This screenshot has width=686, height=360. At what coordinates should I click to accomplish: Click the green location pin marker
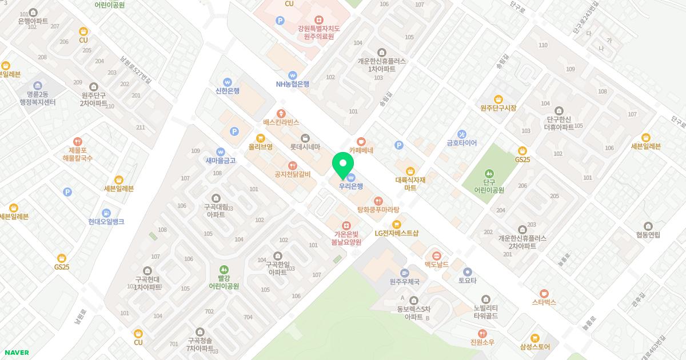342,163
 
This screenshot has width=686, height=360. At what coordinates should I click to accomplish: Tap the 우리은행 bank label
351,186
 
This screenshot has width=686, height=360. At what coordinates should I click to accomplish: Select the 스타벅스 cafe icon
544,293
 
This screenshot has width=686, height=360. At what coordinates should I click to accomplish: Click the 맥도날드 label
436,265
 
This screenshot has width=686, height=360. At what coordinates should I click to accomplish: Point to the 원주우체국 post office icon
405,273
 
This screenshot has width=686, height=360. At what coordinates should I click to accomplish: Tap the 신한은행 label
228,90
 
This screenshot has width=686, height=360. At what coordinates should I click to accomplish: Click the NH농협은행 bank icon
292,74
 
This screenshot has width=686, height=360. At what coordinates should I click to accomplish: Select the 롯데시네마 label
305,147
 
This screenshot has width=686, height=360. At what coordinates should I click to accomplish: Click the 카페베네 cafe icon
361,141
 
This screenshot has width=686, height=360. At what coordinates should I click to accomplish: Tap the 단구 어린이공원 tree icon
489,173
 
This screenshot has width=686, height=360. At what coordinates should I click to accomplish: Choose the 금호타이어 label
462,143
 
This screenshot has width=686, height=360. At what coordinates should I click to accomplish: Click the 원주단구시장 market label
498,108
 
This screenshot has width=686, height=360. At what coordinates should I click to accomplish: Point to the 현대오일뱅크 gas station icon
106,213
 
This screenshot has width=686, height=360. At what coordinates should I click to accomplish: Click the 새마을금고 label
221,161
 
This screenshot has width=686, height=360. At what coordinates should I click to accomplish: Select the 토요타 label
467,281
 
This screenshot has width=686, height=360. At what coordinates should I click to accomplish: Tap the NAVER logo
17,353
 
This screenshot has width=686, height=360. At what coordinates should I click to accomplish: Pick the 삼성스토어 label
535,346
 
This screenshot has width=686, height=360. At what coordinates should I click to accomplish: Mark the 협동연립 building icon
648,226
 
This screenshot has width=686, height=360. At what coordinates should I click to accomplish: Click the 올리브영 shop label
260,147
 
